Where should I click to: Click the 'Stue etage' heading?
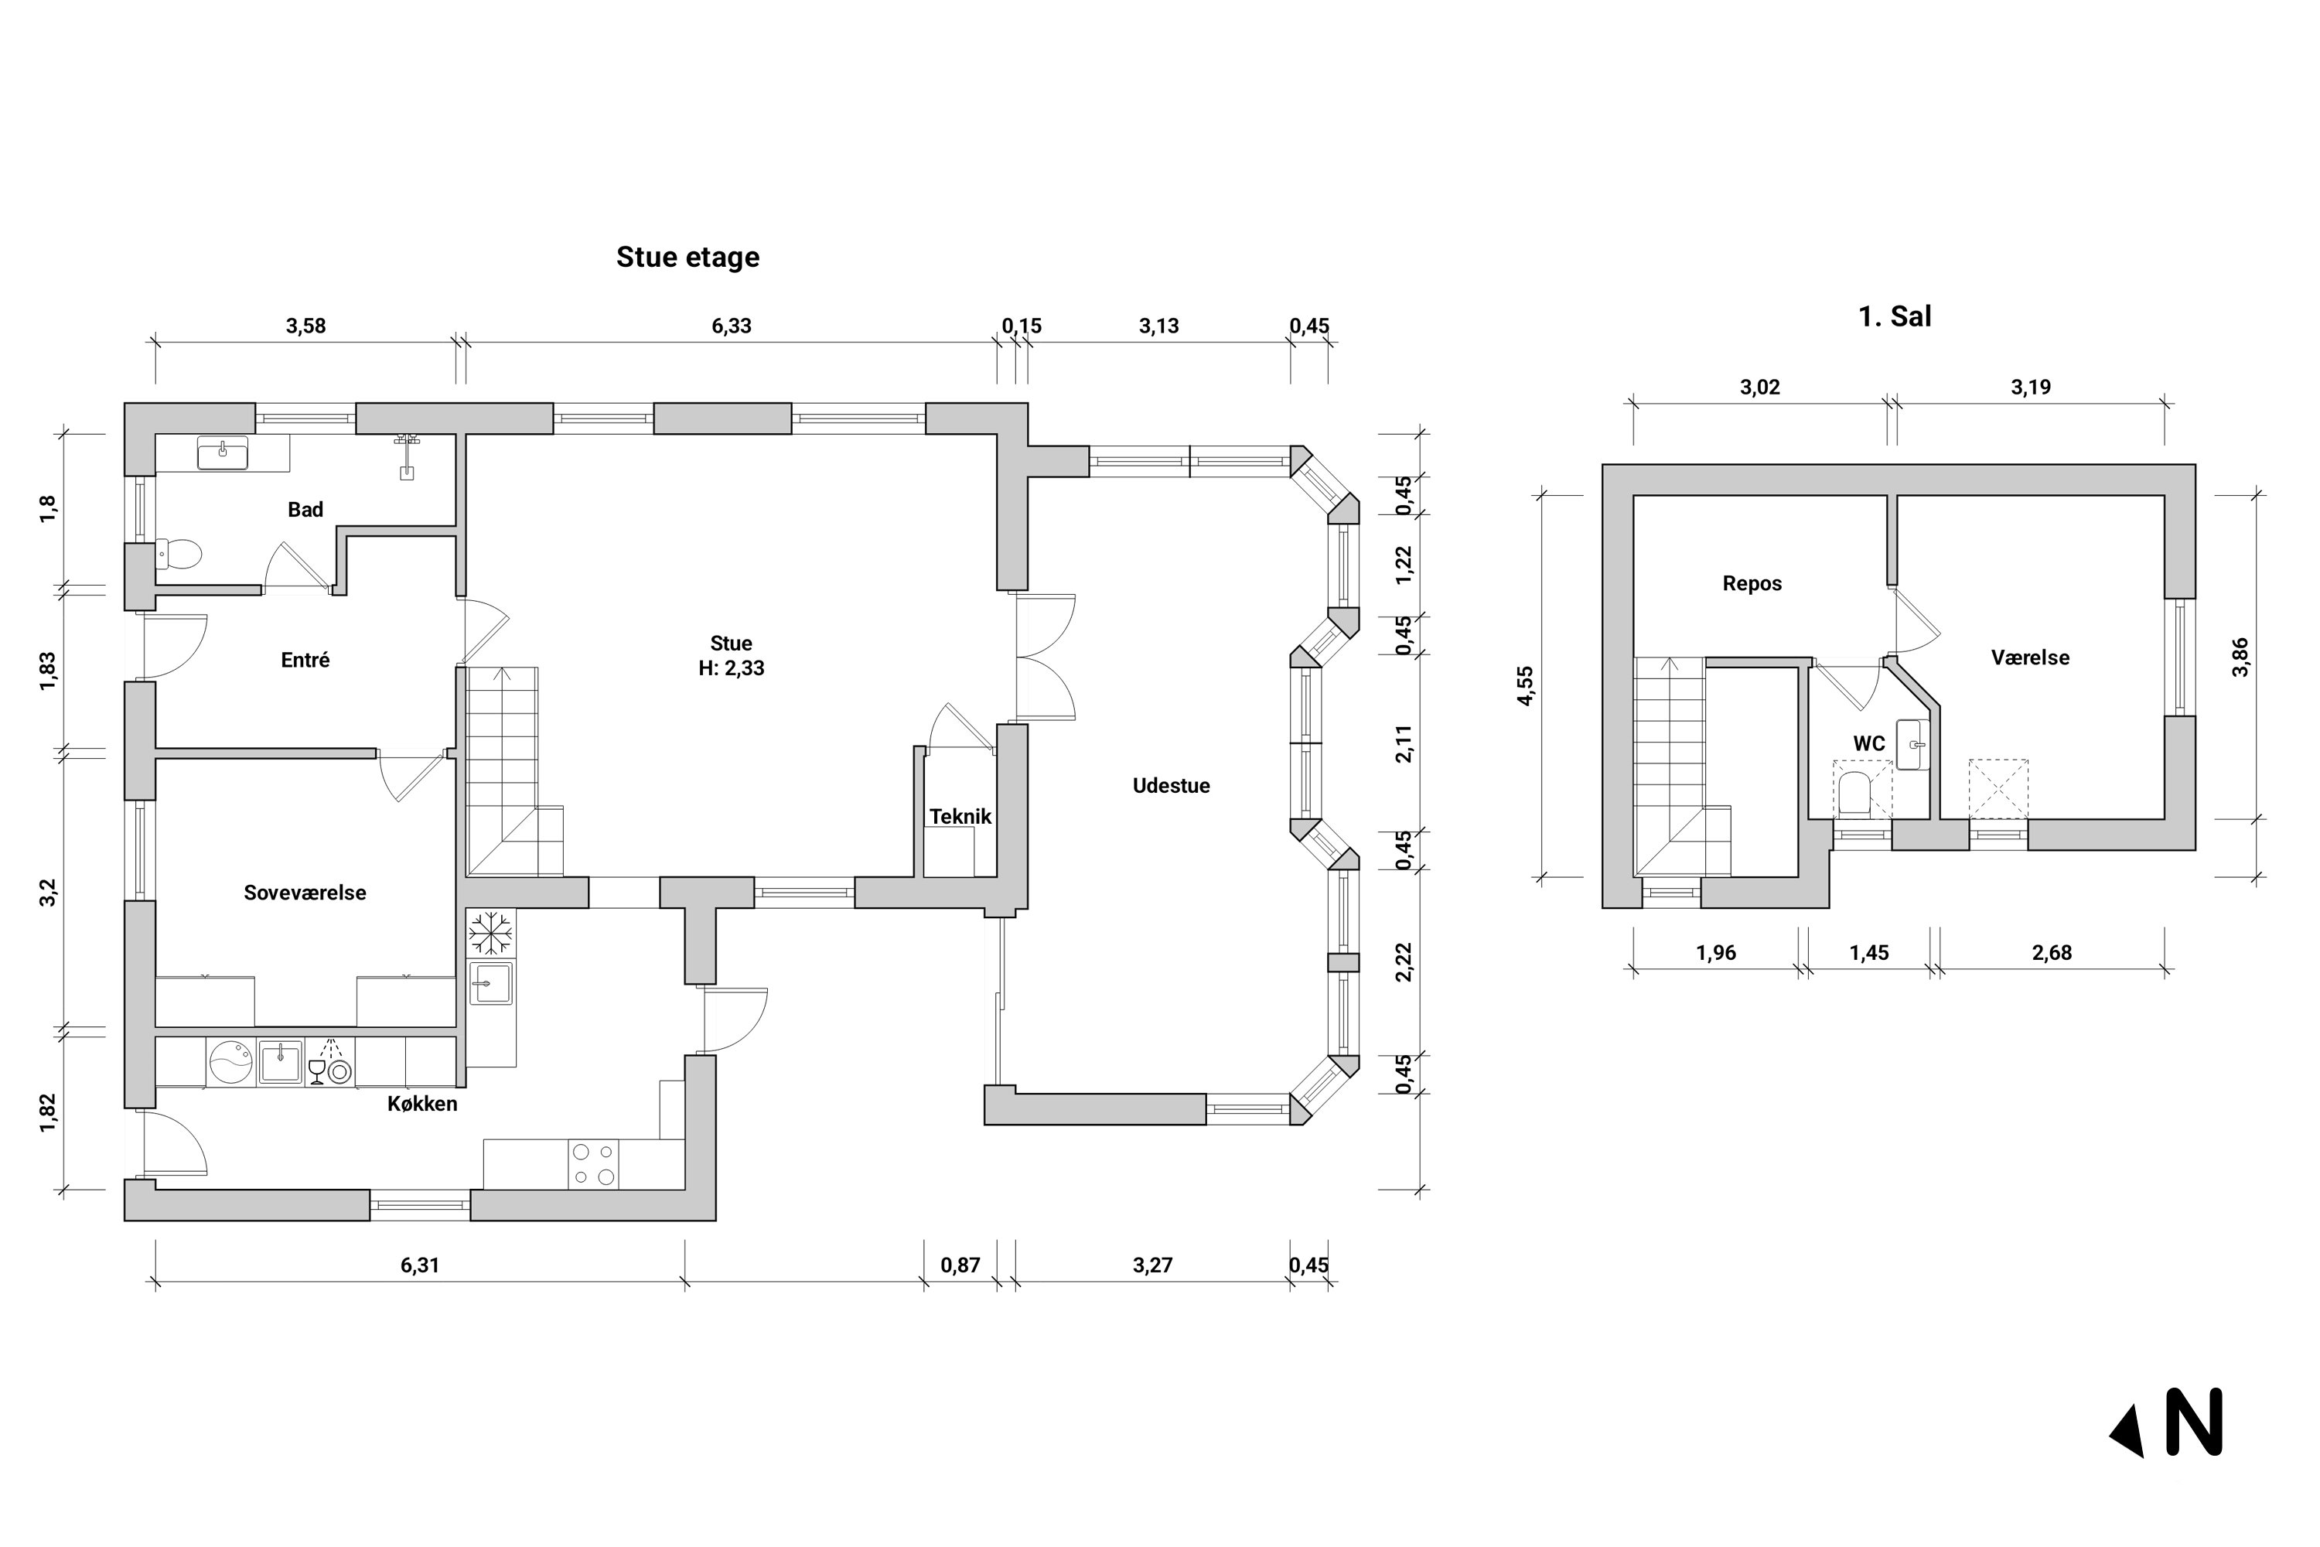(x=687, y=258)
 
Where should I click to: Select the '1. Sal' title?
(x=1895, y=316)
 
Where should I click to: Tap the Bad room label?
(x=305, y=510)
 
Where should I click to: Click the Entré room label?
(x=305, y=660)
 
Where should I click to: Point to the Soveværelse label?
(x=305, y=893)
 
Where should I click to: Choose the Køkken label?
(x=422, y=1104)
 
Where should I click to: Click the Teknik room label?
(x=960, y=817)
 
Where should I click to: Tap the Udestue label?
(x=1171, y=787)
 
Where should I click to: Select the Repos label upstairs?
(x=1752, y=584)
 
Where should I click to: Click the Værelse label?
(x=2030, y=658)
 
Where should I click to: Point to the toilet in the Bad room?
(x=179, y=555)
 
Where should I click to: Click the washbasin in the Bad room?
(x=223, y=452)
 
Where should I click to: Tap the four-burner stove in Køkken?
(x=593, y=1164)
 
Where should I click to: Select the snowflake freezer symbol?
(x=490, y=934)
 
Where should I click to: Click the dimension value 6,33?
(x=731, y=326)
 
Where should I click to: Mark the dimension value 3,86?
(x=2240, y=657)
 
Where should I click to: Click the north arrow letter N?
(x=2194, y=1422)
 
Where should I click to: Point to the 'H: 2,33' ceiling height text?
(x=731, y=669)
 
